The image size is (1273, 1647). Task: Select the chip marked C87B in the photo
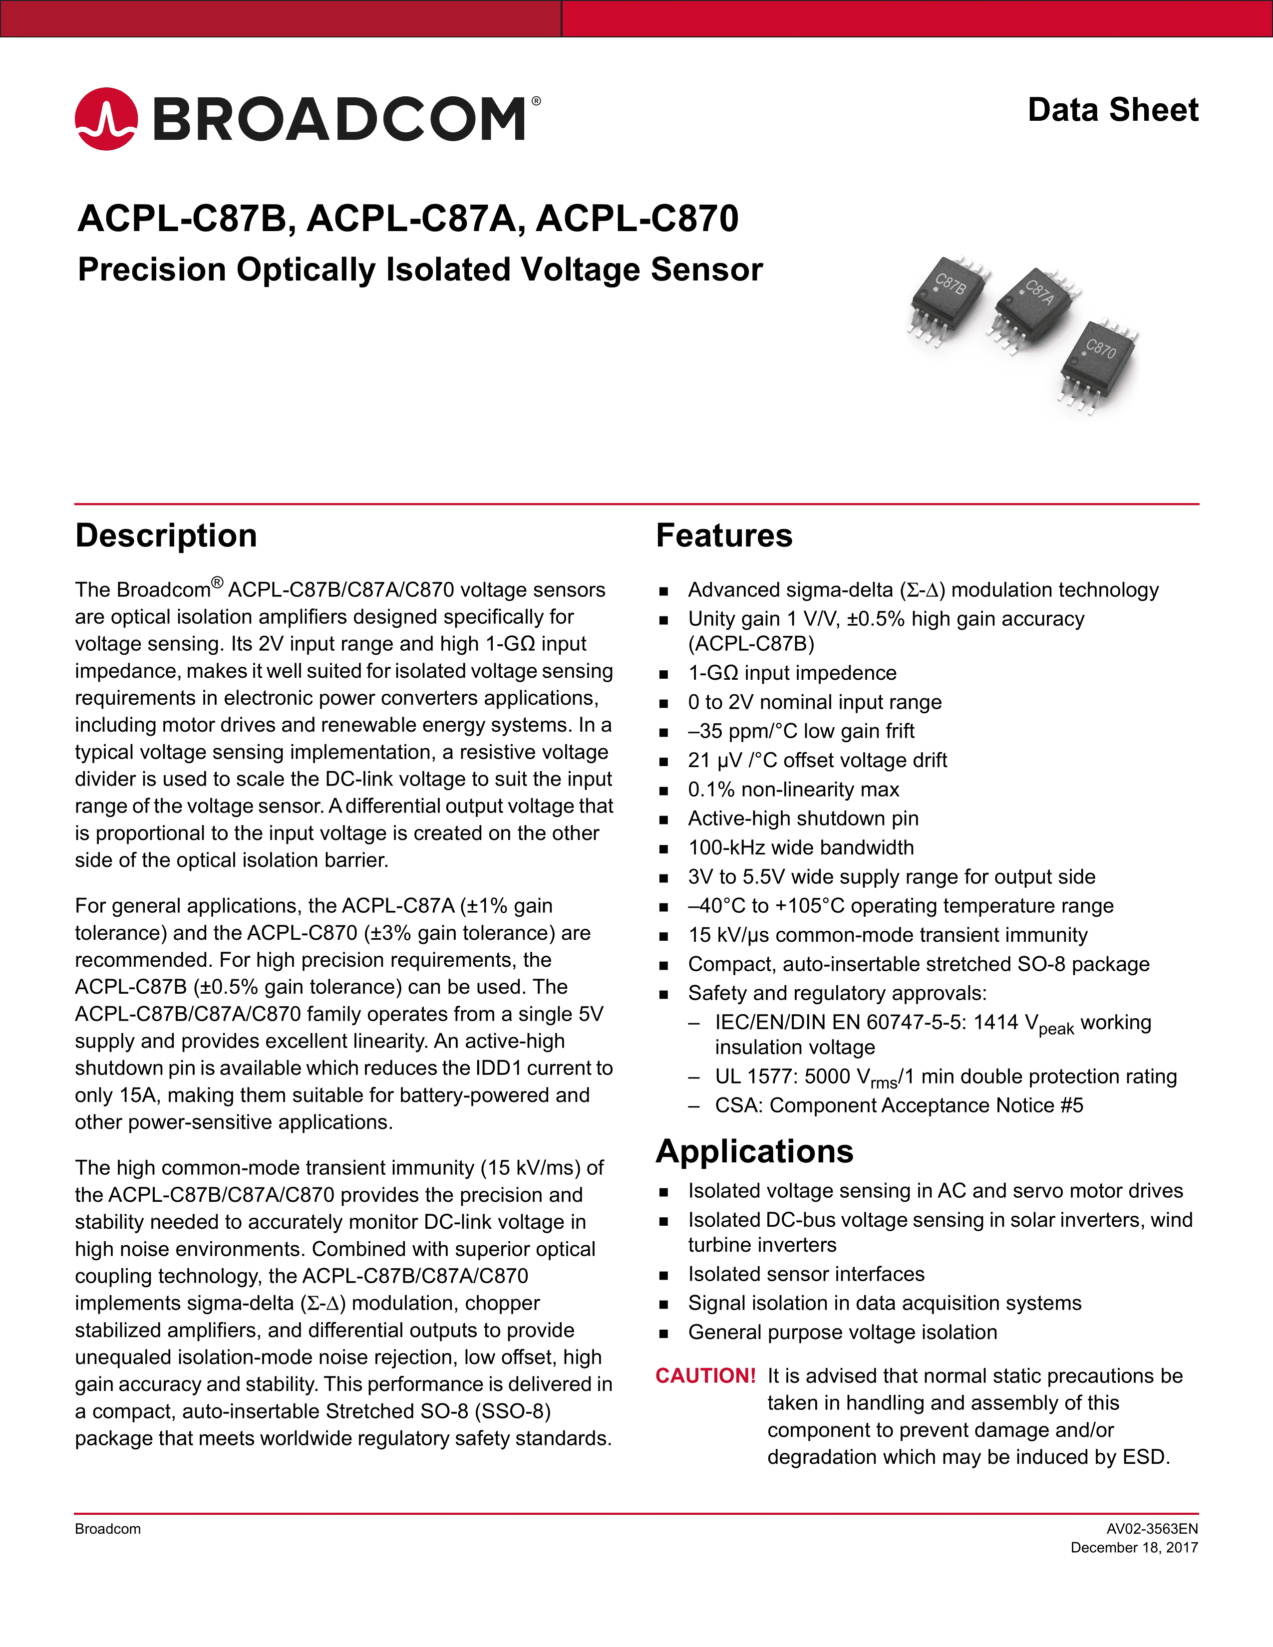pyautogui.click(x=948, y=298)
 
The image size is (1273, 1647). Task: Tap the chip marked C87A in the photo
pyautogui.click(x=1035, y=305)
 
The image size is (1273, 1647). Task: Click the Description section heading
pyautogui.click(x=166, y=536)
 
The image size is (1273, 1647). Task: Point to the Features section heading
pyautogui.click(x=724, y=536)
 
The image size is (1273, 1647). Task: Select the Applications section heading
pyautogui.click(x=754, y=1151)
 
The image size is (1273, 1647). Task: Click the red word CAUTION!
pyautogui.click(x=705, y=1375)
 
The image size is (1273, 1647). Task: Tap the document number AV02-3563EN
pyautogui.click(x=1152, y=1529)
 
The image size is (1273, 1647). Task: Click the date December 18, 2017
pyautogui.click(x=1134, y=1548)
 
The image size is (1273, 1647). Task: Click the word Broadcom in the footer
pyautogui.click(x=108, y=1529)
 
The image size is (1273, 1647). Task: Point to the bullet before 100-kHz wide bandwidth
pyautogui.click(x=663, y=848)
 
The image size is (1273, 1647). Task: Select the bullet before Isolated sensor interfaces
pyautogui.click(x=663, y=1275)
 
